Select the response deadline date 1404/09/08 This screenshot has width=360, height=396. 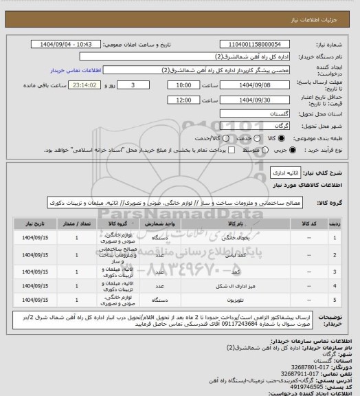[247, 85]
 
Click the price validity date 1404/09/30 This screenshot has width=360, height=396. [247, 100]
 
